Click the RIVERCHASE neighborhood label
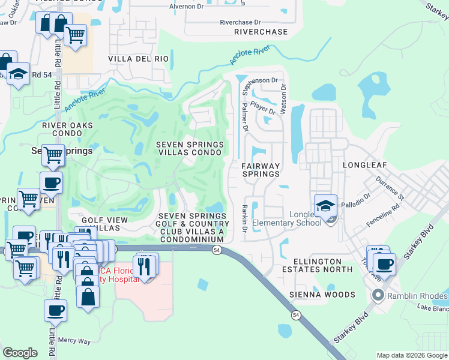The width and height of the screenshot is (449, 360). click(x=261, y=32)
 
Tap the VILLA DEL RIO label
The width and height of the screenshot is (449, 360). click(x=139, y=59)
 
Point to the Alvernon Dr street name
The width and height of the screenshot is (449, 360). click(x=187, y=7)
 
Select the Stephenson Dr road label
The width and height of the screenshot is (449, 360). click(x=259, y=80)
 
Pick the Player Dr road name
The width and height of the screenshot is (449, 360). click(x=263, y=107)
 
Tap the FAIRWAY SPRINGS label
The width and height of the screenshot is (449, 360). click(x=261, y=170)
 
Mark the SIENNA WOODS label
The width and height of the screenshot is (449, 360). click(x=322, y=295)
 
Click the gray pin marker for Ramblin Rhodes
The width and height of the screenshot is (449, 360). click(x=378, y=295)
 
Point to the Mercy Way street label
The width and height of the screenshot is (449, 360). click(x=75, y=341)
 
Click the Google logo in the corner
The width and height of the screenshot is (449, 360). click(x=20, y=353)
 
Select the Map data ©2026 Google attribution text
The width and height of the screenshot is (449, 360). click(x=411, y=355)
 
